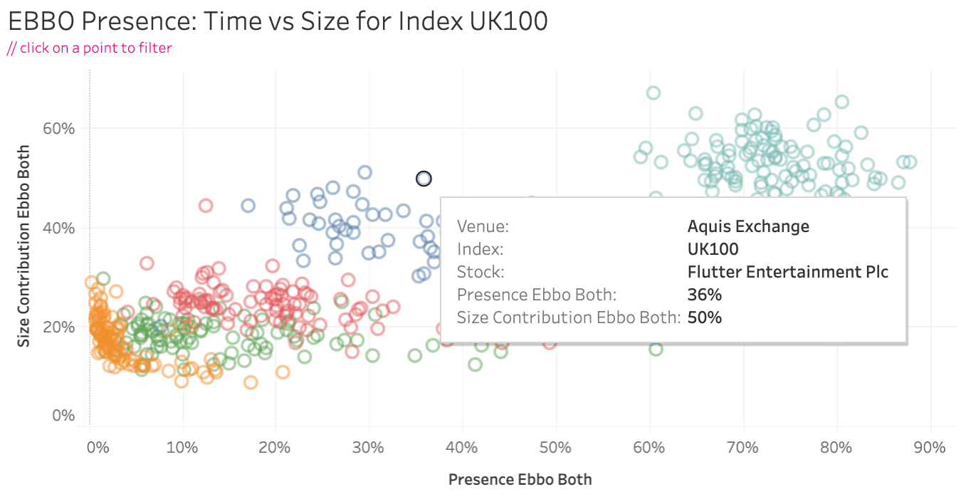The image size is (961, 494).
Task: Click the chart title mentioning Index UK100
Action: click(x=278, y=21)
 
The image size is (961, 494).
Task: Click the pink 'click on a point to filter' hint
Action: click(x=90, y=48)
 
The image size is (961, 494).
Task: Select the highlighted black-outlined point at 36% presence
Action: click(x=424, y=179)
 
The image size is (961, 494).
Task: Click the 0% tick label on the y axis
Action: click(x=64, y=415)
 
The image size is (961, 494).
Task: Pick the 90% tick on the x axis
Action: click(x=929, y=448)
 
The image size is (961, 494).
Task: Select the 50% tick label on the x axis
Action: click(x=555, y=448)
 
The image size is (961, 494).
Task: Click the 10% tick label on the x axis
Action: click(x=182, y=448)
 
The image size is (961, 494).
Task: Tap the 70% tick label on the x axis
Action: click(x=742, y=448)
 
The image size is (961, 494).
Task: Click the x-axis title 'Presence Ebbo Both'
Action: click(x=520, y=479)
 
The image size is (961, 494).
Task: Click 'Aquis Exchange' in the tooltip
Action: click(x=748, y=227)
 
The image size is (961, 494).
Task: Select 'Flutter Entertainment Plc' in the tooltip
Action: click(x=787, y=272)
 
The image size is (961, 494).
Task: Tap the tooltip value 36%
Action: click(x=704, y=295)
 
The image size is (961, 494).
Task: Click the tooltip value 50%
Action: click(x=704, y=317)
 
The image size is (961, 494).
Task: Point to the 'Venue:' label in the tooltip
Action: click(x=483, y=227)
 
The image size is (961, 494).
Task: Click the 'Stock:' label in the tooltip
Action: click(x=480, y=272)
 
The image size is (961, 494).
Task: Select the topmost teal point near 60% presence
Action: click(x=653, y=93)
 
